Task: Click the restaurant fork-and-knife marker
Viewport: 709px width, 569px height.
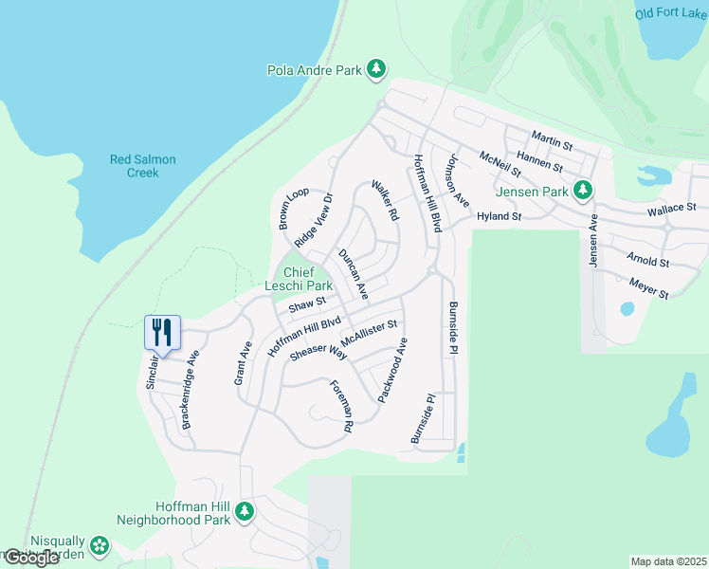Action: click(x=162, y=333)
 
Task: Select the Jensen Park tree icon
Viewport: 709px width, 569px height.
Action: click(x=585, y=191)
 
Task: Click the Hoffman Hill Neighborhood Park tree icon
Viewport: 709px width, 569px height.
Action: click(x=245, y=512)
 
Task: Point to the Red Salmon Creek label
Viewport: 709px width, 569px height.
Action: click(x=142, y=166)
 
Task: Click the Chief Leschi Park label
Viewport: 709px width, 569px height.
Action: click(x=295, y=279)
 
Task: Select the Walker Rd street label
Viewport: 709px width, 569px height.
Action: click(x=384, y=201)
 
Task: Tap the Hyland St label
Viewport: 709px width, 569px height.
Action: click(x=500, y=217)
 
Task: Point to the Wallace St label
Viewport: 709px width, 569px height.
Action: click(x=671, y=208)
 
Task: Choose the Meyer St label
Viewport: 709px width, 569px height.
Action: click(x=649, y=288)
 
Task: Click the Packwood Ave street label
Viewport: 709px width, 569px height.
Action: click(x=393, y=376)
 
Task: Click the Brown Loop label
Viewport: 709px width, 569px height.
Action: click(x=288, y=208)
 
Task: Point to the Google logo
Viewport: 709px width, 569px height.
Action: click(x=31, y=558)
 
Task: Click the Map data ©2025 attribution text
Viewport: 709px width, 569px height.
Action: click(x=668, y=561)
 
